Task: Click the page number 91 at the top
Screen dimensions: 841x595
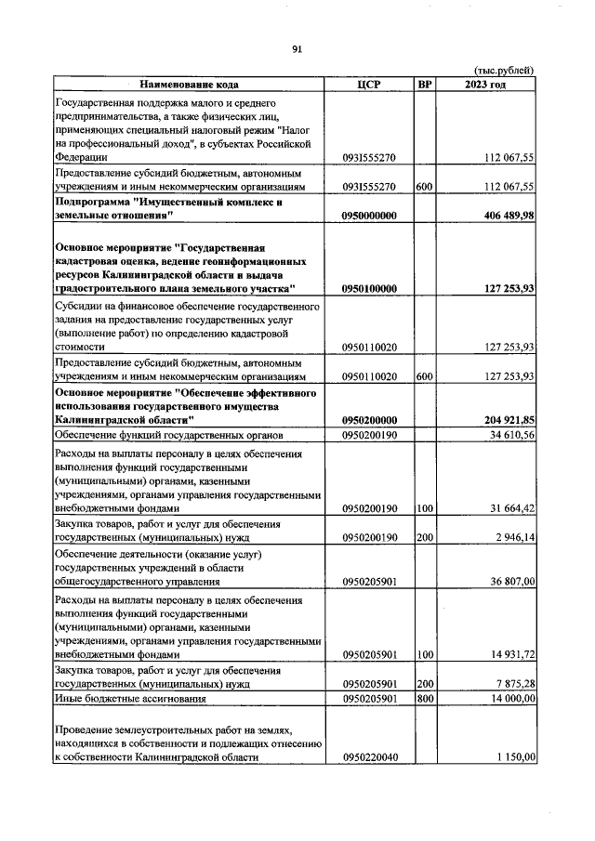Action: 297,49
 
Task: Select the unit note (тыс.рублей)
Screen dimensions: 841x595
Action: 504,71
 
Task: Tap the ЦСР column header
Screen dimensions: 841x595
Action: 369,85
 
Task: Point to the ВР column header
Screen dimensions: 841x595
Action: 425,85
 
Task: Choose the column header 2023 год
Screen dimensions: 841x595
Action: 485,85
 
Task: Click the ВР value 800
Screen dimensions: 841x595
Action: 425,698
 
